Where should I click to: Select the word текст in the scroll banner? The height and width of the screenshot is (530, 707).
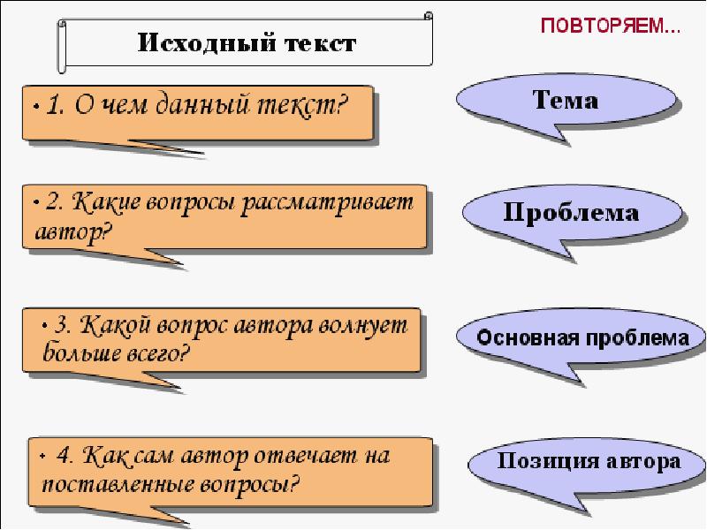click(x=311, y=42)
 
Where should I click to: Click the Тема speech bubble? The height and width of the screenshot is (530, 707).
click(x=566, y=101)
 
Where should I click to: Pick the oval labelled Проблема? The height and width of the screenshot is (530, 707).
click(x=572, y=213)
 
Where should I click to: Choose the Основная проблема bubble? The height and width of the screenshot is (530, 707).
click(x=583, y=338)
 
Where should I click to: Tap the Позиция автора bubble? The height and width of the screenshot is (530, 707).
click(x=589, y=460)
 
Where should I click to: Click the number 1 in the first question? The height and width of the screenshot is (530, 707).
click(x=51, y=108)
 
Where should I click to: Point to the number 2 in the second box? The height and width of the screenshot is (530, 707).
click(x=53, y=203)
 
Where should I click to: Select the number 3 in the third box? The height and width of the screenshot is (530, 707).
click(x=63, y=325)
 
